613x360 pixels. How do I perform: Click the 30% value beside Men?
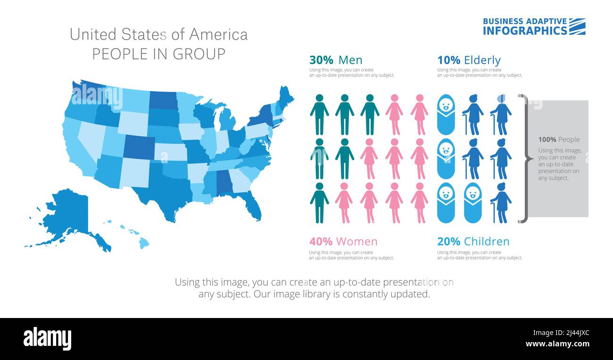(321, 60)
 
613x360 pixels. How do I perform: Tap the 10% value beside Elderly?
(448, 60)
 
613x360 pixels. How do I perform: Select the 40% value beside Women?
(321, 242)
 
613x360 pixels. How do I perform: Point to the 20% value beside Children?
(448, 242)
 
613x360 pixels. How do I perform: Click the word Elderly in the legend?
(482, 60)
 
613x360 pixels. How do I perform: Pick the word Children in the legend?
(487, 242)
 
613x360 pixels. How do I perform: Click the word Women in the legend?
(356, 242)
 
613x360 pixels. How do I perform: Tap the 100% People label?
(559, 140)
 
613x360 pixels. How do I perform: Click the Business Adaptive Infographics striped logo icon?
(577, 26)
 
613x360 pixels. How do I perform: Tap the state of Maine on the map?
(285, 97)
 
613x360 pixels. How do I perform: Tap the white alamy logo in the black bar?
(47, 339)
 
